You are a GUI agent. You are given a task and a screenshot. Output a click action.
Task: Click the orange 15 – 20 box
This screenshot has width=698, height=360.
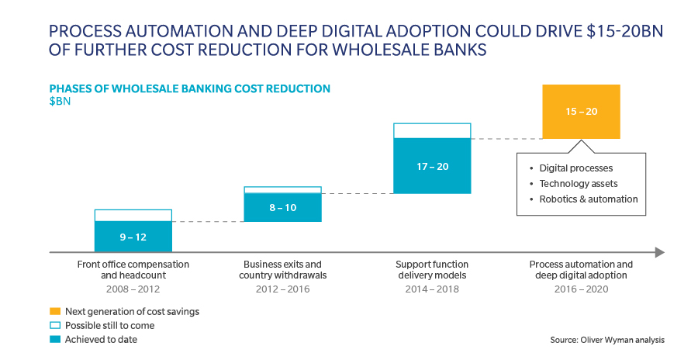coord(581,112)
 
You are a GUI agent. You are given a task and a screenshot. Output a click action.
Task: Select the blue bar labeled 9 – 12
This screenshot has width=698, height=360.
coord(133,237)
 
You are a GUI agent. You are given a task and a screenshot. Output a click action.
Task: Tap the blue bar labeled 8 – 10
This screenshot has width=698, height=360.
coord(282,207)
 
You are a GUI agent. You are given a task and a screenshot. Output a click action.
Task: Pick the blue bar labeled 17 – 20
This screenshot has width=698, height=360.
coord(432,166)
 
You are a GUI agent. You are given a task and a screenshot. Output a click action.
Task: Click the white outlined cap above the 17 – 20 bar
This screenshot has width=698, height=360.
coord(432,130)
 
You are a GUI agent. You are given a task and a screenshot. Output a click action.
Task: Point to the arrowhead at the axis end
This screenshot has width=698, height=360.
coord(659,252)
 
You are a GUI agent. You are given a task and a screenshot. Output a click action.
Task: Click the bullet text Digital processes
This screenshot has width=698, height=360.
coord(576,168)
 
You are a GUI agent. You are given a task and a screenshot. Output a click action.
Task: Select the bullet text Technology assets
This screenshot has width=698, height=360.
coord(579,184)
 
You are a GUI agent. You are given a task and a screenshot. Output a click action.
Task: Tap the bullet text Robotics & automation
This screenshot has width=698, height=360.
coord(589,199)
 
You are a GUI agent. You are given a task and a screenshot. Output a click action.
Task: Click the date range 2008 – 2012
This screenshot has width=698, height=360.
coord(133,289)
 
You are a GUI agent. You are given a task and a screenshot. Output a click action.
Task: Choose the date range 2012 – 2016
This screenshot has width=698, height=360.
coord(282,289)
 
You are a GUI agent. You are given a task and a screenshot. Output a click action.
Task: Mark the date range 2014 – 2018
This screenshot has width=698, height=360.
coord(432,289)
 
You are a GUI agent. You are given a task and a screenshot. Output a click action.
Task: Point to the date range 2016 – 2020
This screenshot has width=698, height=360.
coord(581,289)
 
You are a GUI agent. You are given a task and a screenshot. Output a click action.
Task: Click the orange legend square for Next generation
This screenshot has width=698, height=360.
coord(54,311)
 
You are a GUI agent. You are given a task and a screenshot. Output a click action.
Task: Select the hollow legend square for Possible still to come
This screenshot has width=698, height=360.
coord(54,325)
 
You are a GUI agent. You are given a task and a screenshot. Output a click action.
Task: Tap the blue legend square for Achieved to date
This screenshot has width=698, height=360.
coord(54,339)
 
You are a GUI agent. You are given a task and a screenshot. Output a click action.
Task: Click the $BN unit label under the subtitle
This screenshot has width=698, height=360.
coord(60,101)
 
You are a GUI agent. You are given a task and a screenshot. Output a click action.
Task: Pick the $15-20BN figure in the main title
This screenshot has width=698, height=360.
coord(609,32)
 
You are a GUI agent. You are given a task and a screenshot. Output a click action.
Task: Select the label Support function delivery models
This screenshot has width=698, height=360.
coord(432,270)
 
